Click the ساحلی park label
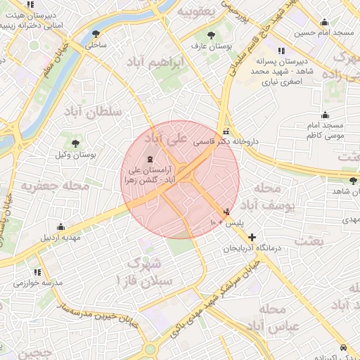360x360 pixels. click(96, 45)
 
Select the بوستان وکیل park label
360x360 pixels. click(75, 154)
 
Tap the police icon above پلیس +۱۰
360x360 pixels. click(226, 211)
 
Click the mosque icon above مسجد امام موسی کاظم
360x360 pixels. click(325, 115)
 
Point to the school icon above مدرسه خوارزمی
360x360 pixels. click(37, 271)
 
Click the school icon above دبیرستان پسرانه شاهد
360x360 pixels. click(281, 51)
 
